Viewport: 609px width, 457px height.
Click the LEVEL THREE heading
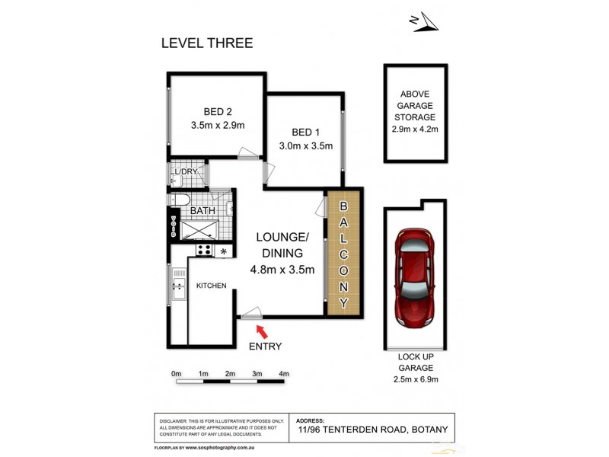206,43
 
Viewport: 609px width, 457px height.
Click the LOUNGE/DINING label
282,245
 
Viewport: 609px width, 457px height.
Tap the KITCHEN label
212,285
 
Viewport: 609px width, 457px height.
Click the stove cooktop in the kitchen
204,249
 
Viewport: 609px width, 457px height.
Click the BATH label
202,210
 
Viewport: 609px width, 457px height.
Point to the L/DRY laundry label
185,172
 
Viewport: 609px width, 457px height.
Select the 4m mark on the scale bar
284,373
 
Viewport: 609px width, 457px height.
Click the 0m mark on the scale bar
177,373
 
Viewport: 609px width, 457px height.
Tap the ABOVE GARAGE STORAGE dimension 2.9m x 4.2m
414,130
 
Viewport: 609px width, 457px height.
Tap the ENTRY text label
265,347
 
